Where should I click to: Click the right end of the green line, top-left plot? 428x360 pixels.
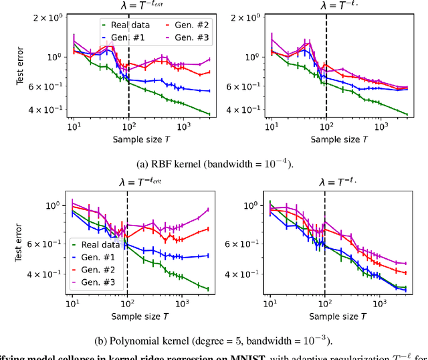click(x=209, y=114)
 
